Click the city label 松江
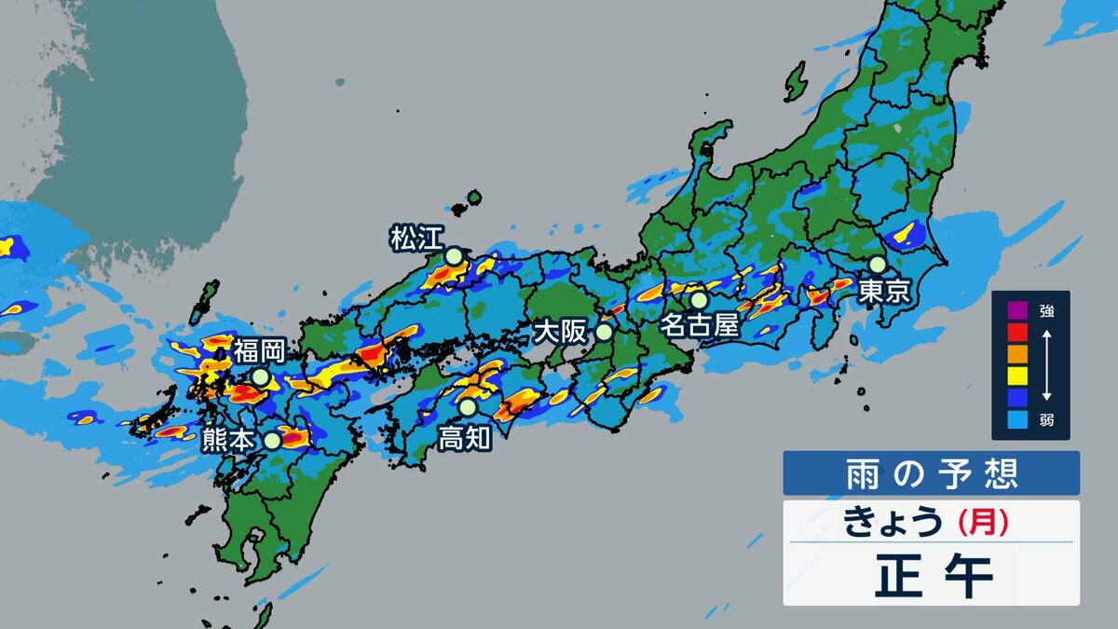pos(417,239)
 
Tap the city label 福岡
pos(259,351)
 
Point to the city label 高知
pos(465,437)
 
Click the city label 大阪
pos(559,332)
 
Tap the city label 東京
pos(883,291)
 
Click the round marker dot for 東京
pos(878,265)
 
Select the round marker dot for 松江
pos(453,255)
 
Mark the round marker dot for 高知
pos(467,407)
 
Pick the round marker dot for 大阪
pos(604,331)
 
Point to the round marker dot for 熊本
pos(271,441)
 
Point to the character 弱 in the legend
pos(1048,418)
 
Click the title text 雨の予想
pos(931,473)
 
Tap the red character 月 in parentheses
pos(984,523)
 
